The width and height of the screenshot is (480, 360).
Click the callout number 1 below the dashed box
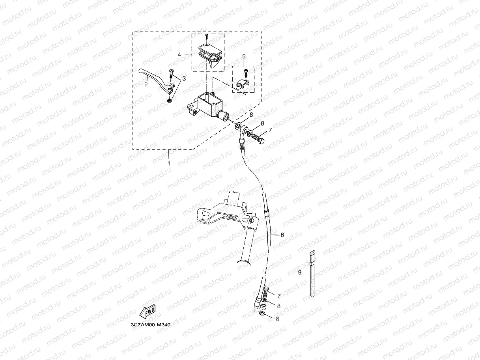pyautogui.click(x=169, y=163)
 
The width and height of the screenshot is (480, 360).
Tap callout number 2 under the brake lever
pyautogui.click(x=146, y=84)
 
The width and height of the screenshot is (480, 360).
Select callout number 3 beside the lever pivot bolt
pyautogui.click(x=183, y=78)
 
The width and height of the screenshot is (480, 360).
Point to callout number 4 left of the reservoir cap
pyautogui.click(x=179, y=55)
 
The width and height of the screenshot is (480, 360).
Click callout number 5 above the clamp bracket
pyautogui.click(x=244, y=57)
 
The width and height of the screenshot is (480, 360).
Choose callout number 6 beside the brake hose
pyautogui.click(x=282, y=235)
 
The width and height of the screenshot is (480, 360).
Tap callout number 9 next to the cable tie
pyautogui.click(x=300, y=272)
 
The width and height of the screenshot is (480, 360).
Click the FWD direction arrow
pyautogui.click(x=148, y=312)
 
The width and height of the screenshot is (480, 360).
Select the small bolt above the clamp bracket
pyautogui.click(x=246, y=73)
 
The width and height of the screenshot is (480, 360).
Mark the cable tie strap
pyautogui.click(x=312, y=276)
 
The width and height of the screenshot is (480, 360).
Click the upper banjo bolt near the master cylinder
pyautogui.click(x=259, y=139)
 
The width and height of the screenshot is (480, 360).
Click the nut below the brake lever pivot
pyautogui.click(x=169, y=101)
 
